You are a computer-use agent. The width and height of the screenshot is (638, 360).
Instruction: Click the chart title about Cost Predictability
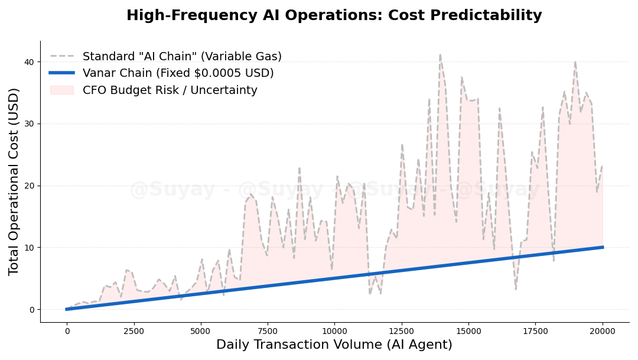[334, 15]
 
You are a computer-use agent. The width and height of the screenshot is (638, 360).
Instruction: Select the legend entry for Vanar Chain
[178, 73]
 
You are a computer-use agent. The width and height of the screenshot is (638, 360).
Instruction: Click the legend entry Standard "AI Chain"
[182, 57]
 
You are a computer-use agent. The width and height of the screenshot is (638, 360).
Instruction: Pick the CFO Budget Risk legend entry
[170, 90]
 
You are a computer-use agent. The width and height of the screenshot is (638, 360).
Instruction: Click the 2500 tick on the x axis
[134, 331]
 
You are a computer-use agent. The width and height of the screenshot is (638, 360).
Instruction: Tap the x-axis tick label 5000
[200, 331]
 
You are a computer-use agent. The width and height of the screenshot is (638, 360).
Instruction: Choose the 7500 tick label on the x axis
[268, 331]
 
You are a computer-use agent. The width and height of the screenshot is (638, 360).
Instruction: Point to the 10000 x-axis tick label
[334, 331]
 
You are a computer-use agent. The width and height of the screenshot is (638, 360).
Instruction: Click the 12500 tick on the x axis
[402, 331]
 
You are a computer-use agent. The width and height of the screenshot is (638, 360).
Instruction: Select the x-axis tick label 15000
[468, 331]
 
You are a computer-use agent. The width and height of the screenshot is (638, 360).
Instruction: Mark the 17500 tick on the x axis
[536, 331]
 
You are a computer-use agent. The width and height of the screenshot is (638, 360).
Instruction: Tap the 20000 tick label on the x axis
[603, 331]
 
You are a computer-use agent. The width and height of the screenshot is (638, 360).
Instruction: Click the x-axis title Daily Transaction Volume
[334, 345]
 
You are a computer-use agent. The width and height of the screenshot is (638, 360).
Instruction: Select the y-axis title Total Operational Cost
[14, 181]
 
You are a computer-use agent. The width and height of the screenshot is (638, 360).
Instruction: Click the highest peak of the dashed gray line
[440, 55]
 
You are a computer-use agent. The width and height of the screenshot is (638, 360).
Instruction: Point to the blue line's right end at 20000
[603, 247]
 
